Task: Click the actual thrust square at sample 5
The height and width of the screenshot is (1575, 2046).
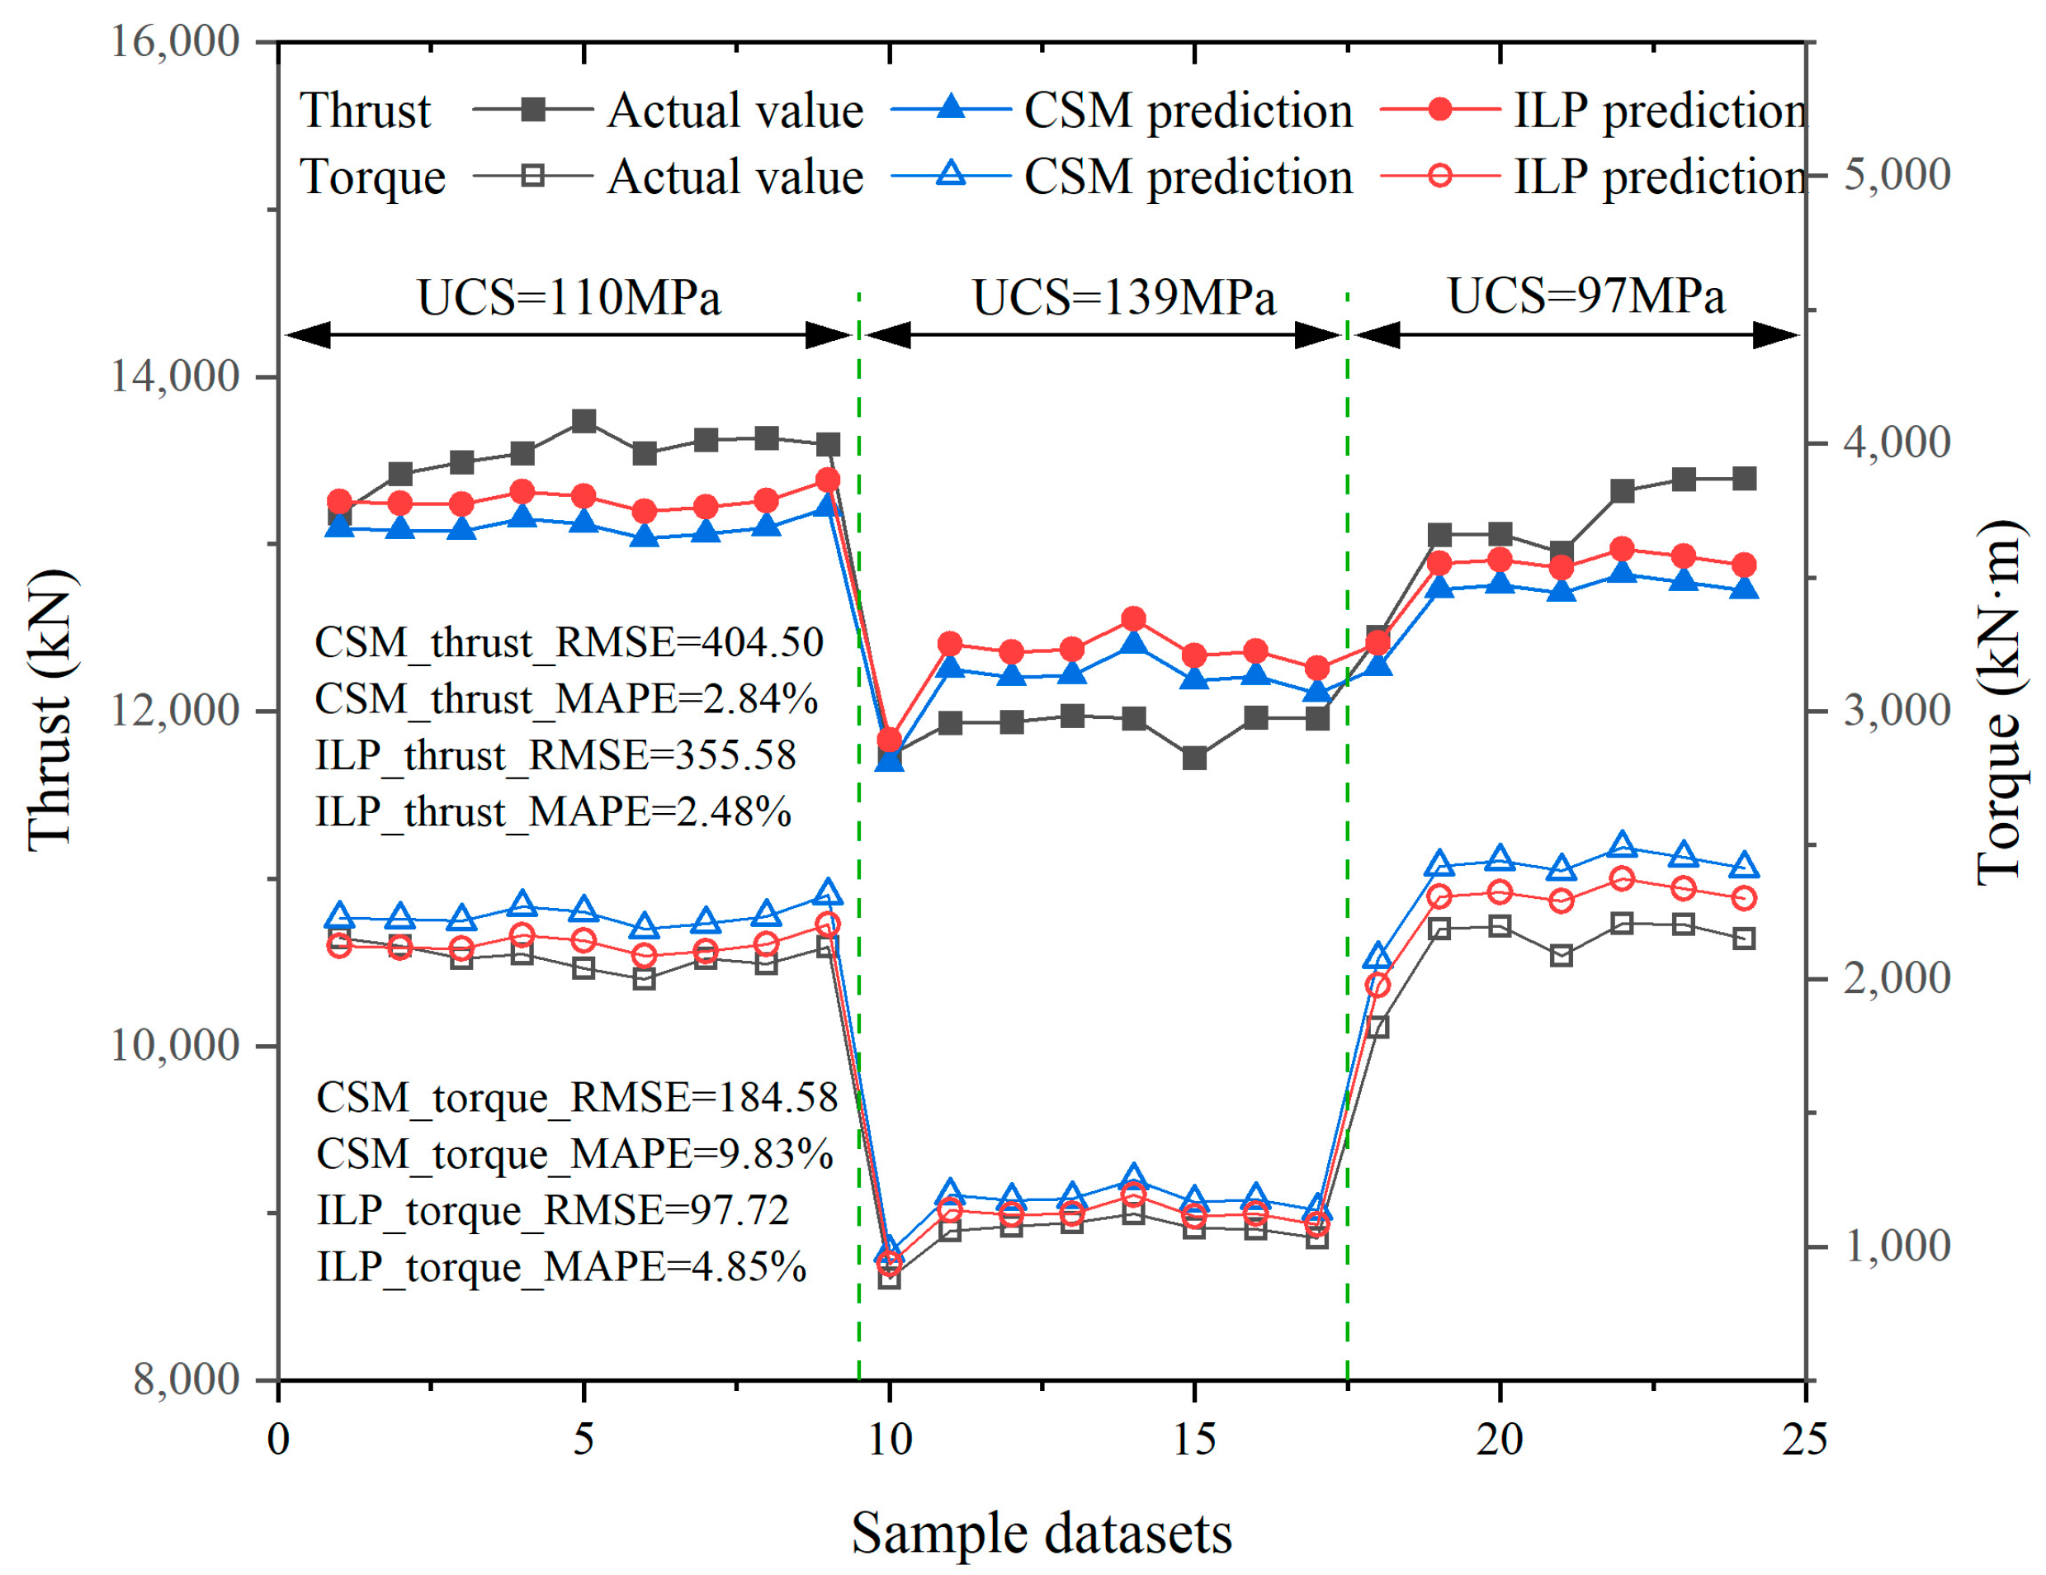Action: pos(584,421)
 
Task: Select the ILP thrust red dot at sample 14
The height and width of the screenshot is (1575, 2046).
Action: pos(1133,618)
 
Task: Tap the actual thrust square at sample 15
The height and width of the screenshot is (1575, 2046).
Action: pos(1194,758)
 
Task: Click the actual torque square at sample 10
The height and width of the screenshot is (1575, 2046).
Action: pos(889,1277)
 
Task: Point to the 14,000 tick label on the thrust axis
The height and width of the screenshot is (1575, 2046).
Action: pos(175,376)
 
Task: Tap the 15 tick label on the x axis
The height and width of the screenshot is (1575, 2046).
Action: pos(1194,1438)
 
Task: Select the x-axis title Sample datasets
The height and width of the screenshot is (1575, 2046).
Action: pos(1041,1534)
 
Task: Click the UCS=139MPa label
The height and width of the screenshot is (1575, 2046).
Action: pos(1124,298)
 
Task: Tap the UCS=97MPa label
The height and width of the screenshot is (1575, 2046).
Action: pos(1586,296)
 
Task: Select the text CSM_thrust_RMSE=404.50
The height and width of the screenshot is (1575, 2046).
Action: pos(569,643)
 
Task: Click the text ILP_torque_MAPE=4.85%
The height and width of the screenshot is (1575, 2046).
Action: pos(561,1267)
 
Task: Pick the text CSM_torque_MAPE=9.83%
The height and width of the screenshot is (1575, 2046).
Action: pos(574,1154)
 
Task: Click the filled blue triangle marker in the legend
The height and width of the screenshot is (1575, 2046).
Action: pos(951,109)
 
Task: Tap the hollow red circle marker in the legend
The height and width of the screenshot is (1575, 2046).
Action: pos(1441,175)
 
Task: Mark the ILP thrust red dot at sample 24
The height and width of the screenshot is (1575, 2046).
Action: pos(1743,565)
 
